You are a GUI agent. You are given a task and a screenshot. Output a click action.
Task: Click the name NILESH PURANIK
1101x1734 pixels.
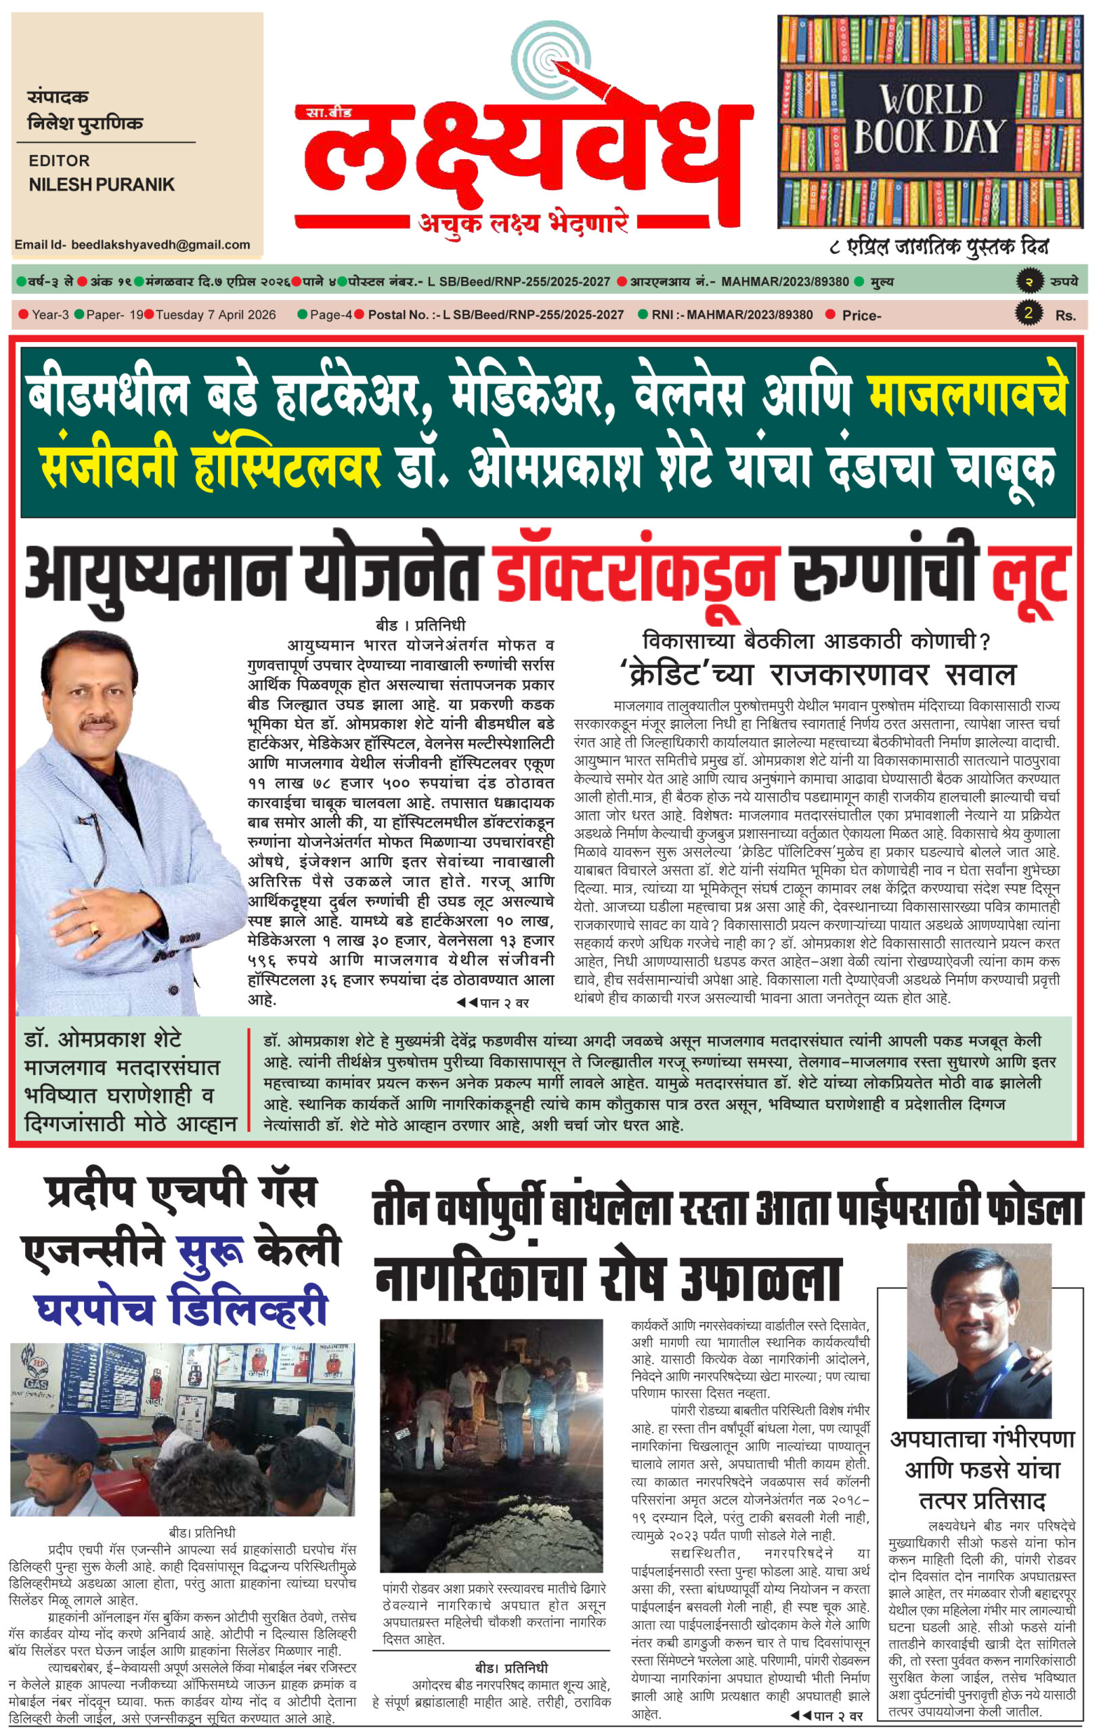102,185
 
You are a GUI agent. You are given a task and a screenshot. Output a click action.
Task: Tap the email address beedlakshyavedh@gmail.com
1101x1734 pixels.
160,245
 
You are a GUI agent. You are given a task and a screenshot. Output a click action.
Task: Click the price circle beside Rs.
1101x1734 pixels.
1028,313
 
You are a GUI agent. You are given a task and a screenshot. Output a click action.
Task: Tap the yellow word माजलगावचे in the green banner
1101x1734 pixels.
967,397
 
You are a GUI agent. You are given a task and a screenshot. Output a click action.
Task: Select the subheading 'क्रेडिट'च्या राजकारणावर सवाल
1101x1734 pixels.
817,675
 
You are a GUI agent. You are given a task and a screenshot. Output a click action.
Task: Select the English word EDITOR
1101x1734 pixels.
59,161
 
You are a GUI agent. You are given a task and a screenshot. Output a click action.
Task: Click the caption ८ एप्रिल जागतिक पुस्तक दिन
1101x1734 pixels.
938,247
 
